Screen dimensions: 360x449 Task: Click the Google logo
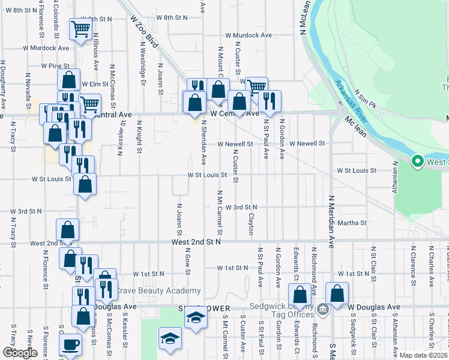[20, 353]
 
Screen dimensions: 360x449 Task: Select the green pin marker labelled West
[417, 161]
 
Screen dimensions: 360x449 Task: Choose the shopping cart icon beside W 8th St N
[80, 28]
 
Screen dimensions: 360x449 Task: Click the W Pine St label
[55, 65]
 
